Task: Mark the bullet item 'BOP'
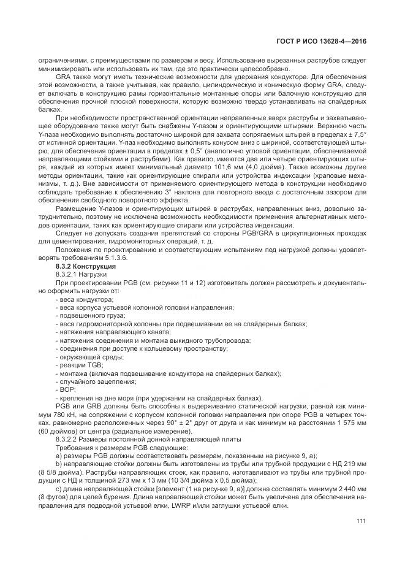point(67,389)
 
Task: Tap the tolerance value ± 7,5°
point(357,133)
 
